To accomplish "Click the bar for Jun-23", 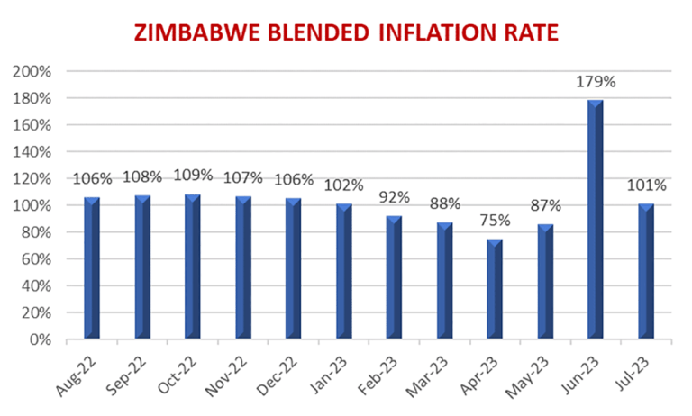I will tap(596, 221).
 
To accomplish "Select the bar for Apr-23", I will tap(495, 290).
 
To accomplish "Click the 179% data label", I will tap(596, 82).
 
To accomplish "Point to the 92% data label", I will tap(394, 196).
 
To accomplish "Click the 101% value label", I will tap(647, 185).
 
